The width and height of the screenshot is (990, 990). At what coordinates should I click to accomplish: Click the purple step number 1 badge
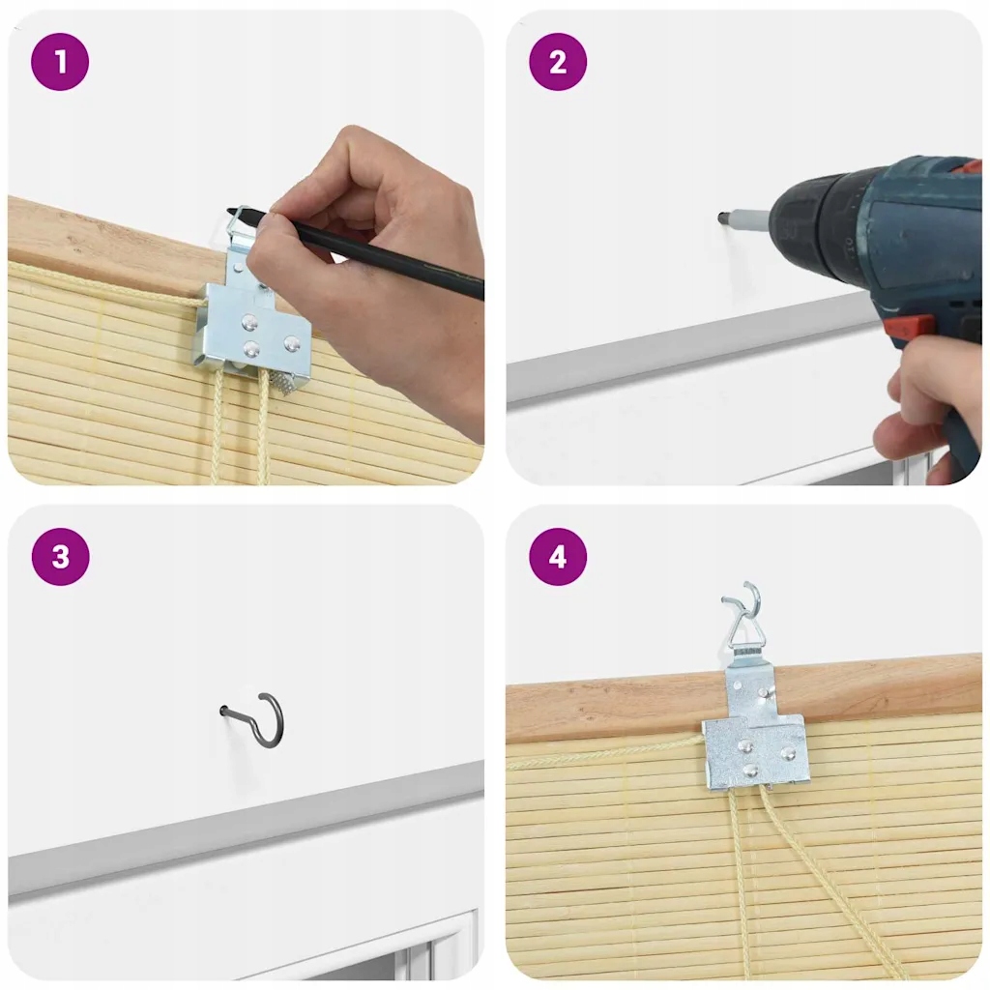pos(60,62)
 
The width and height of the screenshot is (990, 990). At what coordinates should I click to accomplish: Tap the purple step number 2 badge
pos(558,62)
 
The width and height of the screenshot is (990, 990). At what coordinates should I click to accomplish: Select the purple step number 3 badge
pos(60,557)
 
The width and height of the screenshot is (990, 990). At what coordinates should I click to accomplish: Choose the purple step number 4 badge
pos(558,557)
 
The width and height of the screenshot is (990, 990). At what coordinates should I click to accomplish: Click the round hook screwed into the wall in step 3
pos(260,719)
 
